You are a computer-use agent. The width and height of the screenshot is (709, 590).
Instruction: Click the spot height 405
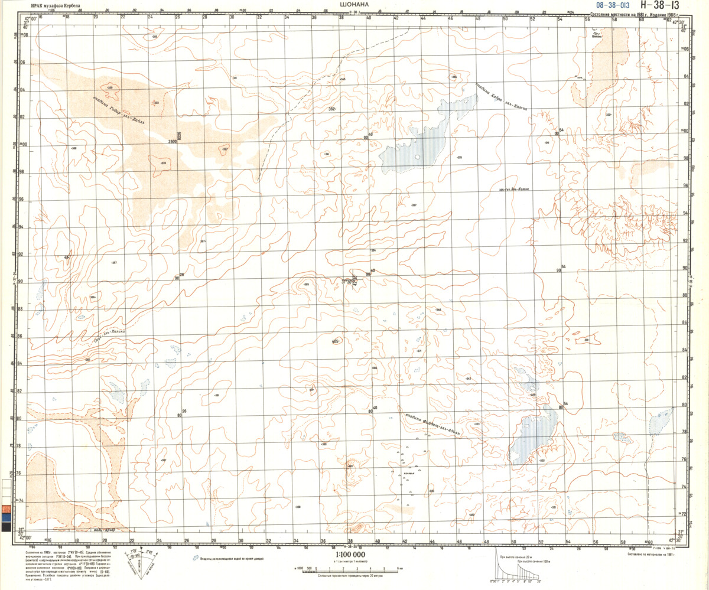pos(336,341)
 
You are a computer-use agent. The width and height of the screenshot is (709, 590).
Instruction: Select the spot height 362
pos(332,109)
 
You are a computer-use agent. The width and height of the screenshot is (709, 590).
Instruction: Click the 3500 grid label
pos(173,142)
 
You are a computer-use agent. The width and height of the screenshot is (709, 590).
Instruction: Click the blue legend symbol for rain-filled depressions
pos(195,558)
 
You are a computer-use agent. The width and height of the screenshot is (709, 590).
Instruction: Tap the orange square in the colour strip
pos(6,508)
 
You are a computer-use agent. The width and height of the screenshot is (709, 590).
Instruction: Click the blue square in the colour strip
pos(6,517)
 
